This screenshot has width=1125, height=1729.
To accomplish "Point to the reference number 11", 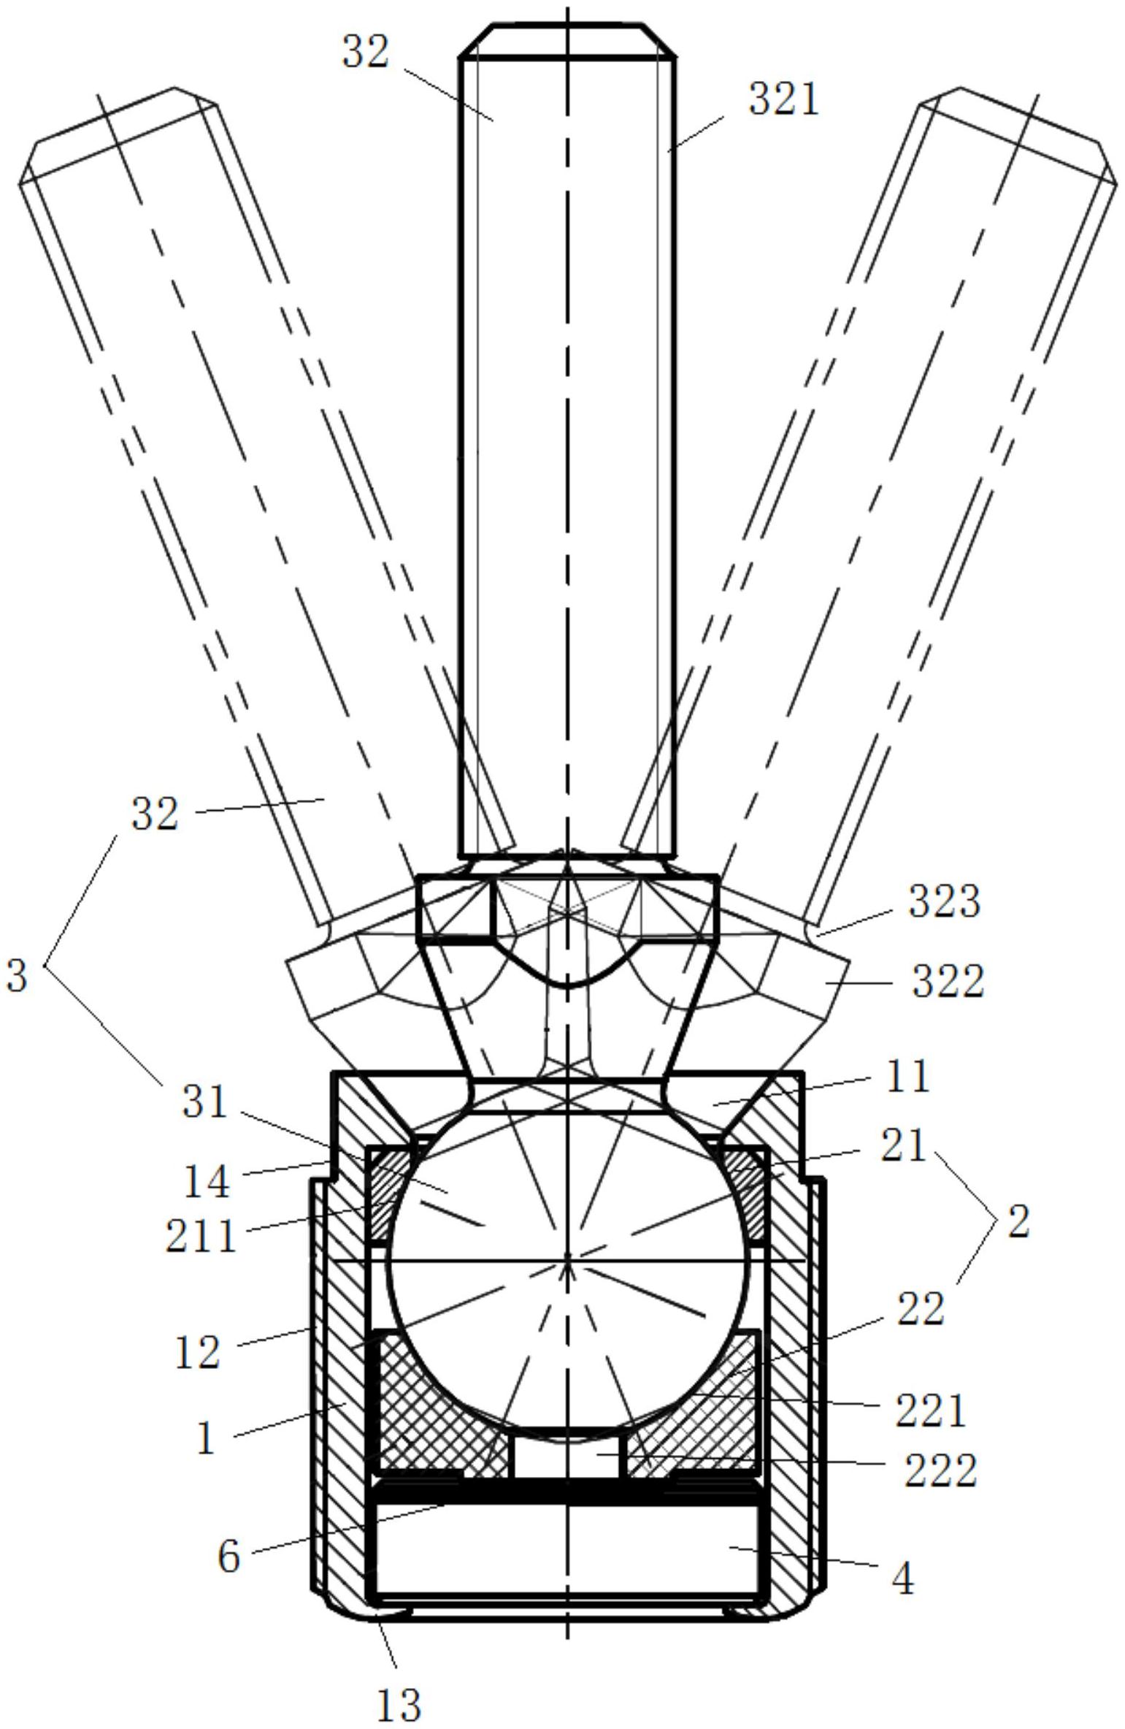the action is point(907,1076).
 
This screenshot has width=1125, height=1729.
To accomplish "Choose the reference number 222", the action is point(940,1470).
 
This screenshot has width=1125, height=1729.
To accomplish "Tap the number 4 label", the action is point(903,1580).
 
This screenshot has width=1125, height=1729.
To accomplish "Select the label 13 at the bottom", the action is point(399,1705).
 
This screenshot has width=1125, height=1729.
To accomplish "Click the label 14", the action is point(207,1181).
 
